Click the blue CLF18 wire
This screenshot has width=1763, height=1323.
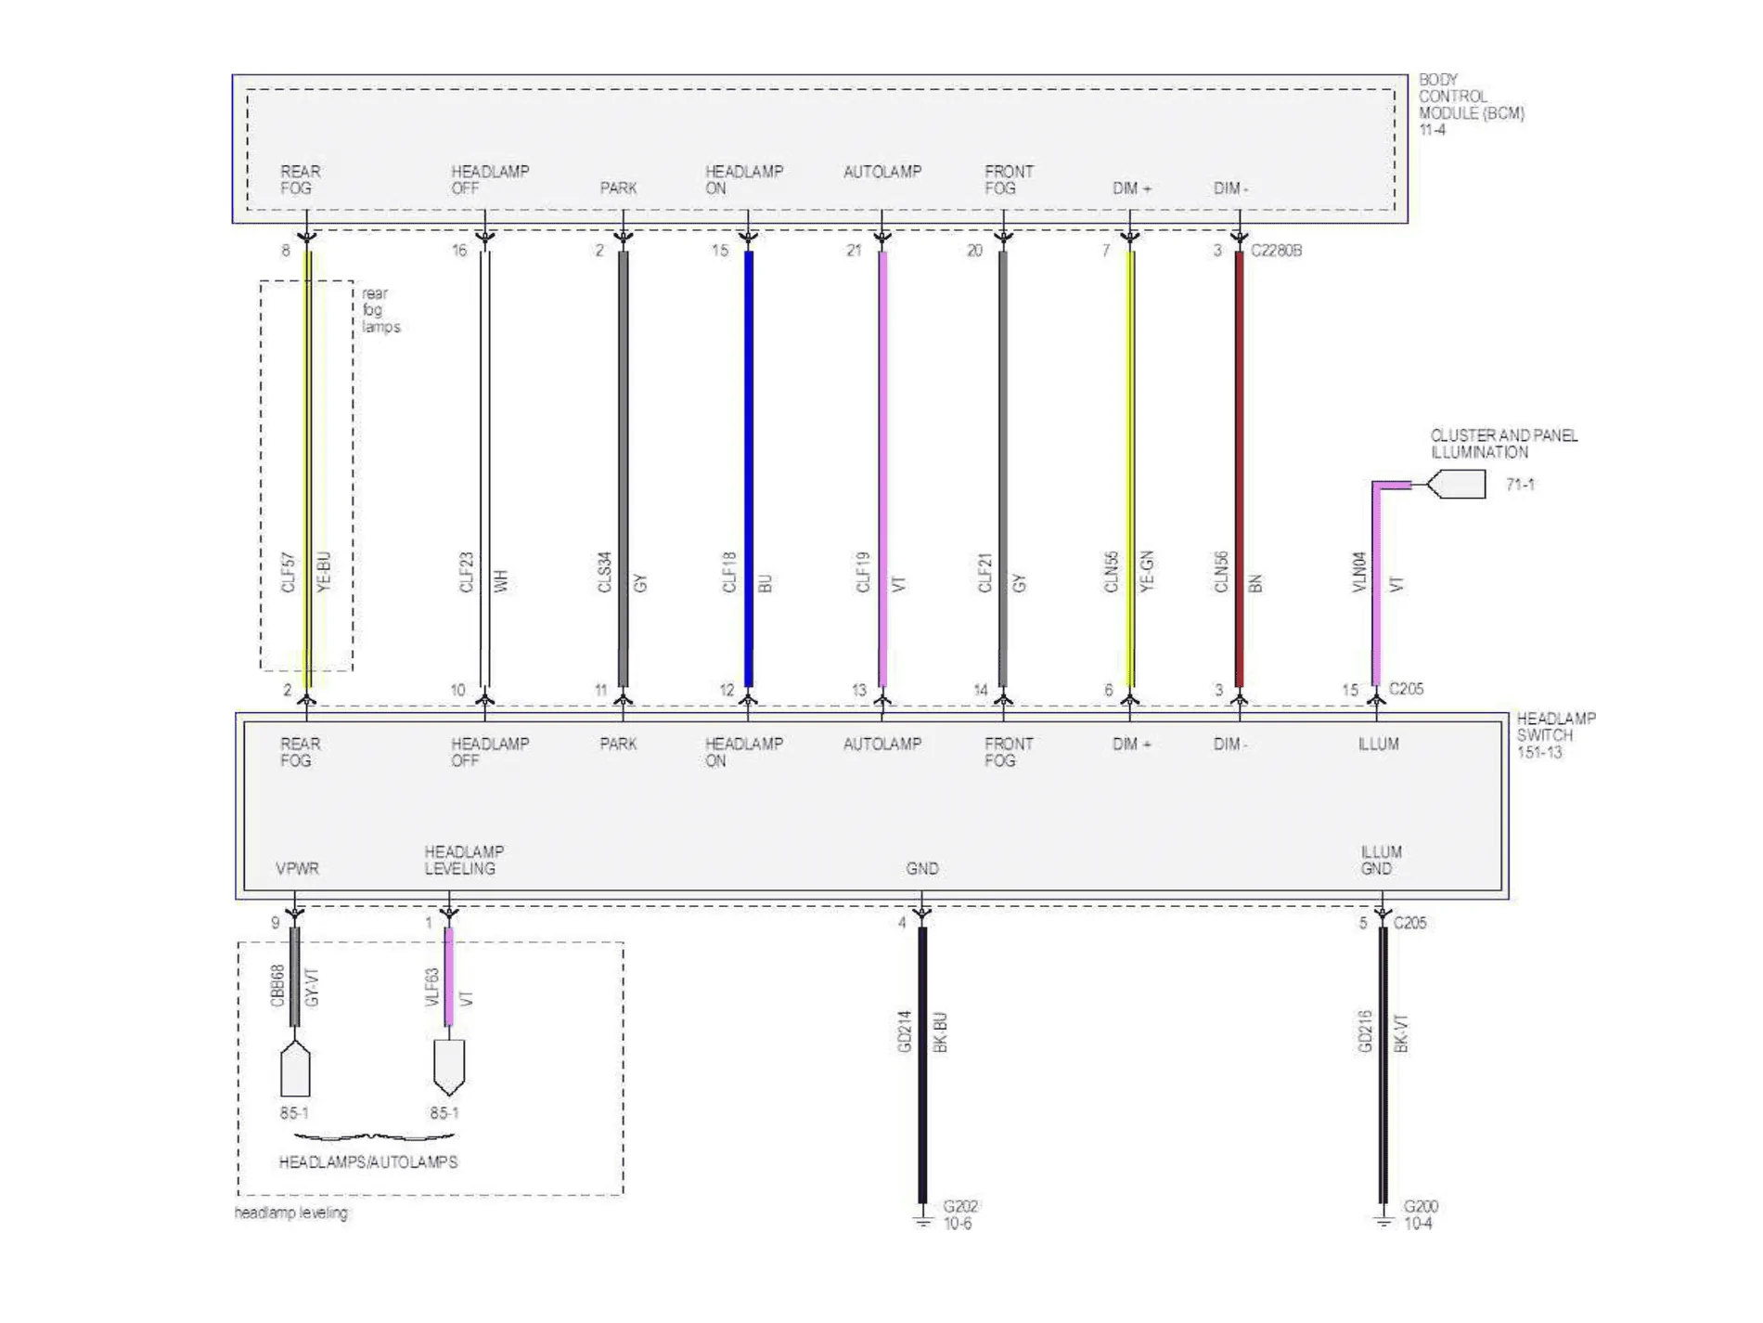coord(749,469)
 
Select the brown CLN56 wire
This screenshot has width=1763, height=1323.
coord(1239,469)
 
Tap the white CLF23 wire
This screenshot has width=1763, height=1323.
coord(484,469)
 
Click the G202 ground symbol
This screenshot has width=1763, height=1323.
coord(922,1218)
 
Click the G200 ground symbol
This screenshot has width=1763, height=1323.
coord(1383,1218)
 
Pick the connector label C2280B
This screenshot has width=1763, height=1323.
coord(1276,251)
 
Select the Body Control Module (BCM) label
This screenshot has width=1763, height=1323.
coord(1471,104)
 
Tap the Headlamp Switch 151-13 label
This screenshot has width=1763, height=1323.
coord(1556,735)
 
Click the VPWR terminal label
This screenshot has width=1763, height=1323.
coord(297,869)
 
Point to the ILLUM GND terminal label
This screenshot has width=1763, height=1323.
coord(1381,861)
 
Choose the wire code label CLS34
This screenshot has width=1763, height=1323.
coord(605,572)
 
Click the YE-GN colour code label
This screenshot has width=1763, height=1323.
coord(1147,571)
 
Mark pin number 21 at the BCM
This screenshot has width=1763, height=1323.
coord(854,251)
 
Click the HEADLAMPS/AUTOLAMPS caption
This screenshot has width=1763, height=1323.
coord(368,1162)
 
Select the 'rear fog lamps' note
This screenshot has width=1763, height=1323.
coord(380,310)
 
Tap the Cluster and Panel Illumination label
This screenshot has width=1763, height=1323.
coord(1503,444)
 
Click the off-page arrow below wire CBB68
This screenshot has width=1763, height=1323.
coord(295,1068)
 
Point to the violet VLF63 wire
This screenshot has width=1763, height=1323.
coord(449,977)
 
